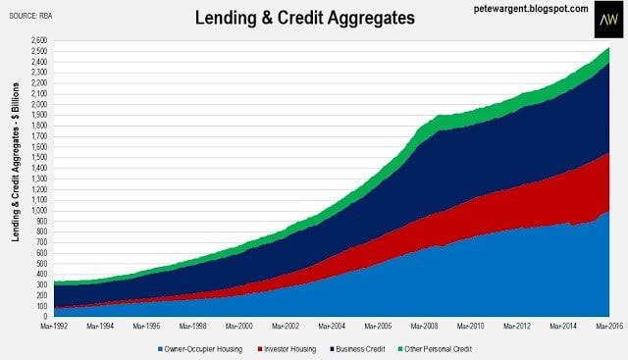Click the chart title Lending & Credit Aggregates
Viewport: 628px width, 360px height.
point(305,18)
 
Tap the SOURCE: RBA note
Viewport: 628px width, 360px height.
point(30,16)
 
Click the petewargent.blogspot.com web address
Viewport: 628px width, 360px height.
point(531,9)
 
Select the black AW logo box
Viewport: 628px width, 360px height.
point(608,20)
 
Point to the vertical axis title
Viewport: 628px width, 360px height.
point(16,162)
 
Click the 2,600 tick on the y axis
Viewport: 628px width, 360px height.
point(39,40)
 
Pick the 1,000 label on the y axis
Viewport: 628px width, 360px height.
point(39,210)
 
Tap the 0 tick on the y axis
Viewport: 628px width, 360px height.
point(45,317)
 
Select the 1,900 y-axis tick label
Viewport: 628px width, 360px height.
point(39,115)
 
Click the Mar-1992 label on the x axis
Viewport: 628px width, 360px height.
point(54,327)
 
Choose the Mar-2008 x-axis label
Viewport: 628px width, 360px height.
point(425,327)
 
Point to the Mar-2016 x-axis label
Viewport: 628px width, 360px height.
point(609,327)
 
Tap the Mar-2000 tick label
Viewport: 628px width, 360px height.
point(239,327)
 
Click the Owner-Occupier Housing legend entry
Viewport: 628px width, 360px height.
point(200,349)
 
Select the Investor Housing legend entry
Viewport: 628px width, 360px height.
point(287,349)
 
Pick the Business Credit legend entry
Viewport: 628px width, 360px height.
point(357,349)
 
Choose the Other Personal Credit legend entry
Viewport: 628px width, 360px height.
point(435,349)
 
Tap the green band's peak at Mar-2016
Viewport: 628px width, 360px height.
point(609,48)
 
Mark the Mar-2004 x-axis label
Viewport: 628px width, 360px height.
point(332,327)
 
